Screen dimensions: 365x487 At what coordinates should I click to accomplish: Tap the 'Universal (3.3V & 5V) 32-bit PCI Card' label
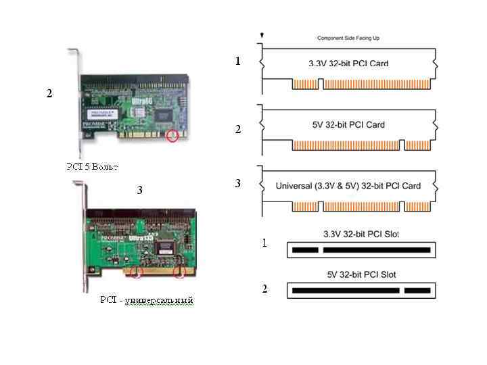coord(348,186)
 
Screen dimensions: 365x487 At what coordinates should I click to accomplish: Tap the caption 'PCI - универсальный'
coord(146,299)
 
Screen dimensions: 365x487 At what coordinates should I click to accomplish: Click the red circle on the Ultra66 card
coord(173,136)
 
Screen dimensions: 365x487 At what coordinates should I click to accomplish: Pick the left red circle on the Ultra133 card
coord(137,273)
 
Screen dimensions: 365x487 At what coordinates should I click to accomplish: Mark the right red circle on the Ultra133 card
coord(180,273)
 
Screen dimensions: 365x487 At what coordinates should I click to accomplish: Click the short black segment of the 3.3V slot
coord(305,250)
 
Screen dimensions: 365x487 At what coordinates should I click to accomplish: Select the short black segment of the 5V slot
coord(417,291)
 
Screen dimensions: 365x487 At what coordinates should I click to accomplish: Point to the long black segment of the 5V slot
coord(345,291)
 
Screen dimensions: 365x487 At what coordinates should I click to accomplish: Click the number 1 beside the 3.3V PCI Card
coord(237,62)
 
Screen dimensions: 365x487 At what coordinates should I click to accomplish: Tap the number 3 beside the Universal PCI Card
coord(237,184)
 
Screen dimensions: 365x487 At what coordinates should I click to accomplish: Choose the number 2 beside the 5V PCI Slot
coord(264,289)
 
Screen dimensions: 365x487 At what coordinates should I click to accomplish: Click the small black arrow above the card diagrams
coord(262,34)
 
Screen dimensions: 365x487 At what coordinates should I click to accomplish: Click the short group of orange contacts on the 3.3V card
coord(305,84)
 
